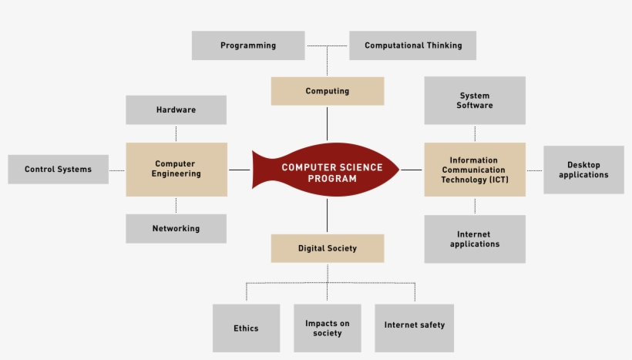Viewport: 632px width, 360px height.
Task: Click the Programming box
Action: [x=248, y=45]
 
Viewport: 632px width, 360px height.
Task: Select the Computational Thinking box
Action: [x=412, y=45]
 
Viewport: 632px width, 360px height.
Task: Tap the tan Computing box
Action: [x=327, y=91]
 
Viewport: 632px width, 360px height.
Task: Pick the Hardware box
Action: [x=176, y=109]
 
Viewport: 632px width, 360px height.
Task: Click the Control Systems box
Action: [x=58, y=170]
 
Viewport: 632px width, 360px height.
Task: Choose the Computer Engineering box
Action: [x=176, y=169]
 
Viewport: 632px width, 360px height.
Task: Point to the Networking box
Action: [x=176, y=228]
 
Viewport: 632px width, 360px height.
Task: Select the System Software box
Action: [x=474, y=100]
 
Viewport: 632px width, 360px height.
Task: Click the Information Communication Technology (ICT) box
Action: [x=474, y=169]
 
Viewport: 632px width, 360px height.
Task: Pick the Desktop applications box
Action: [x=583, y=170]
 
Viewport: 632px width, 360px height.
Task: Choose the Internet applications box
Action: [x=474, y=239]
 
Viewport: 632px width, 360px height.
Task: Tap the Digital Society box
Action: [x=327, y=248]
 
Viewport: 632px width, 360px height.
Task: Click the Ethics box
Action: [x=246, y=328]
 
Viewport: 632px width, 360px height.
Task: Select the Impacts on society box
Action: [x=327, y=328]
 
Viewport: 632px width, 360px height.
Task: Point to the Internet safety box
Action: [x=414, y=325]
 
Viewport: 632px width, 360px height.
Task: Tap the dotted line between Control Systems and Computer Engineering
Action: [x=117, y=170]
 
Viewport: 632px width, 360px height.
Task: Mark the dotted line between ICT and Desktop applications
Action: [x=534, y=170]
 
